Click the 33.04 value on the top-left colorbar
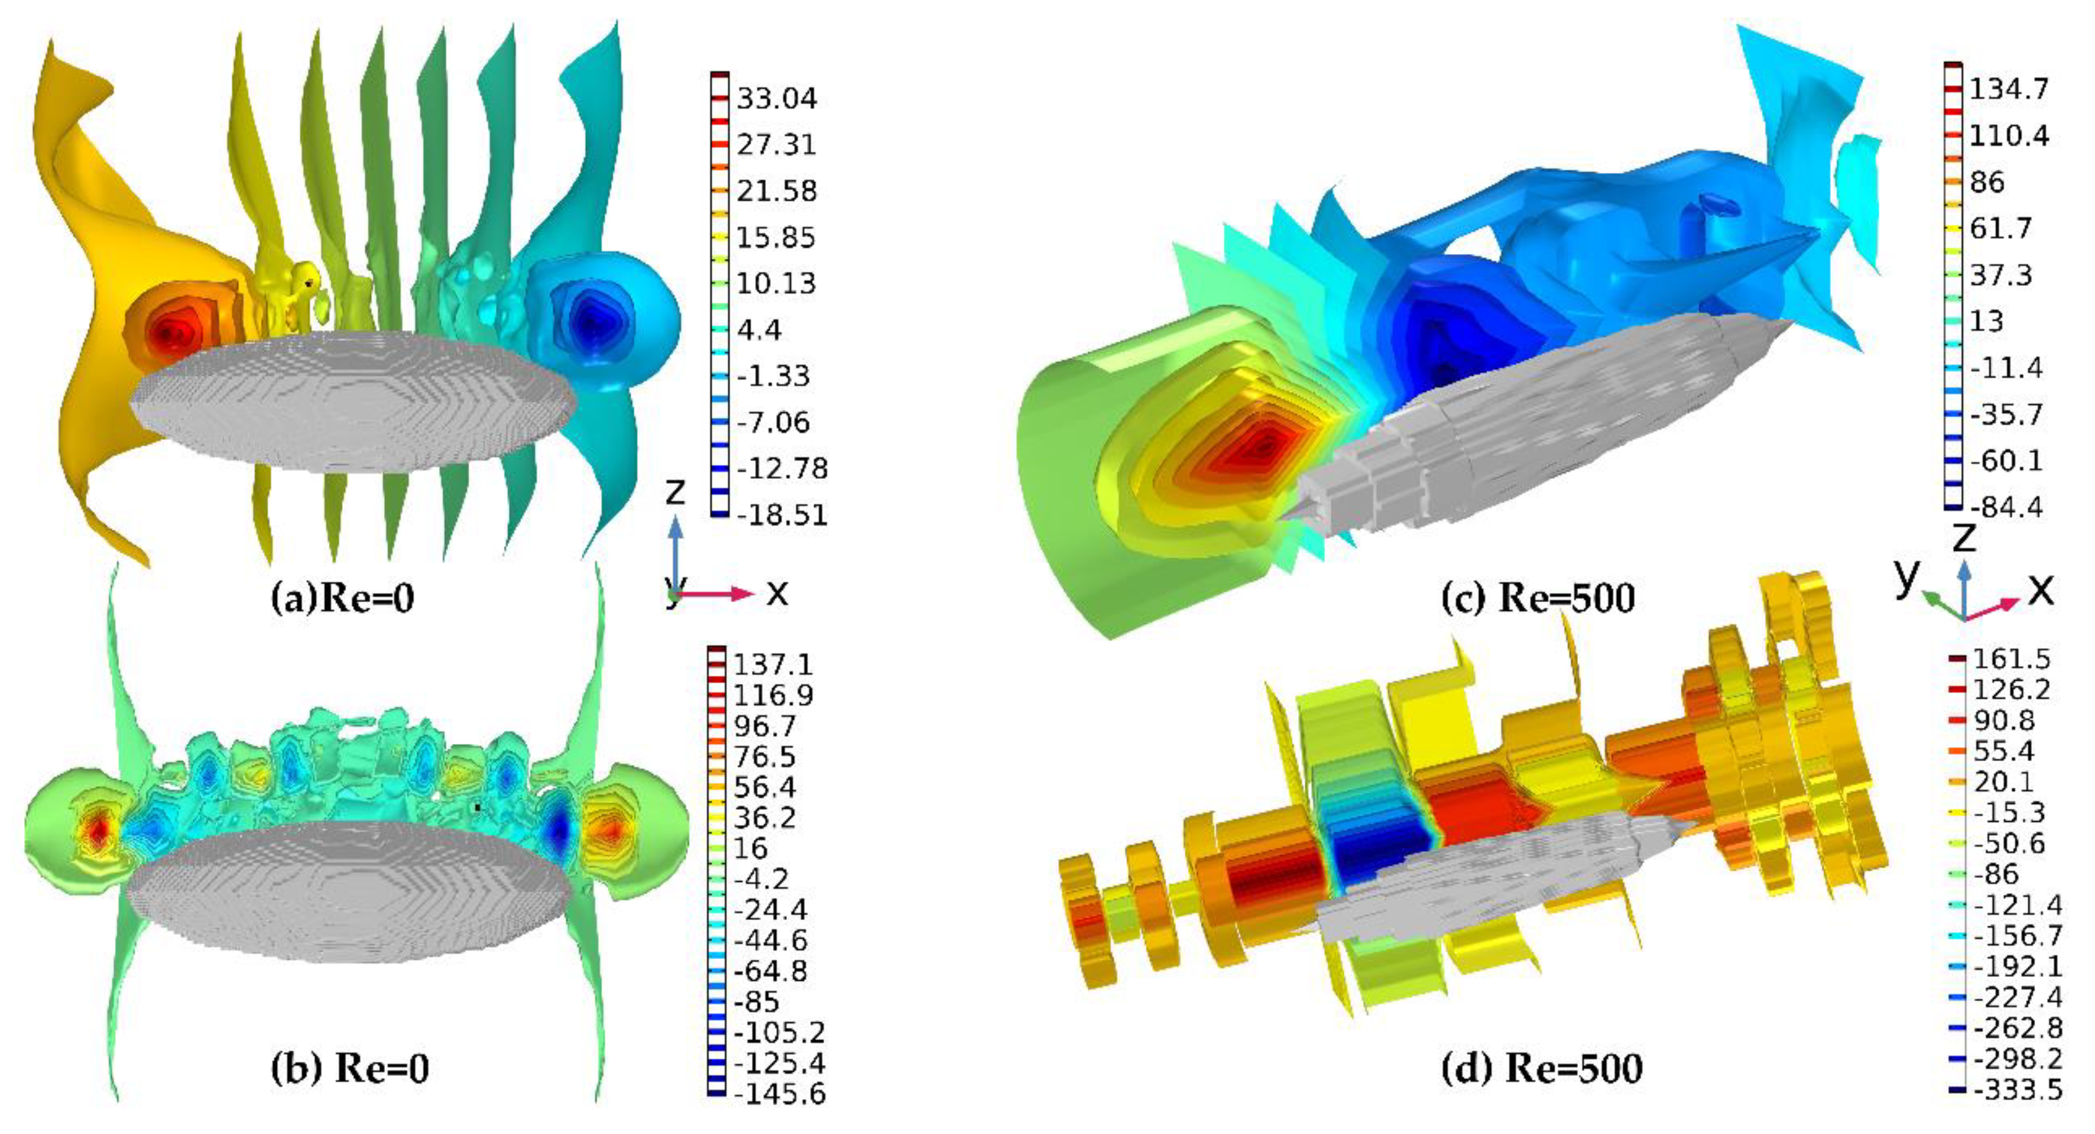click(777, 98)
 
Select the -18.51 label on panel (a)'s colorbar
click(781, 515)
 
